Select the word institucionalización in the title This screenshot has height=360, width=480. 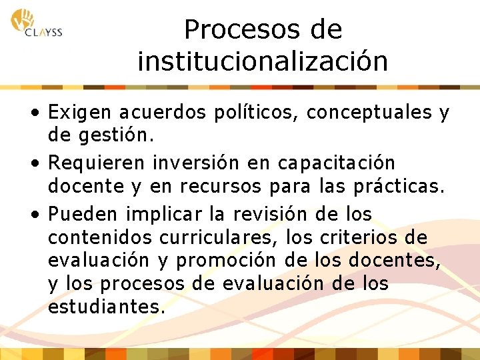(x=263, y=62)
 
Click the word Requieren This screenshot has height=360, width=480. (x=97, y=163)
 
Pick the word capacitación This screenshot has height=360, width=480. (x=337, y=163)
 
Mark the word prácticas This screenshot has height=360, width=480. (x=401, y=187)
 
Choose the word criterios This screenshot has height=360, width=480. (x=367, y=237)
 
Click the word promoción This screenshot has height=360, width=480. (x=238, y=261)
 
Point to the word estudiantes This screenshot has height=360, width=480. (x=105, y=307)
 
